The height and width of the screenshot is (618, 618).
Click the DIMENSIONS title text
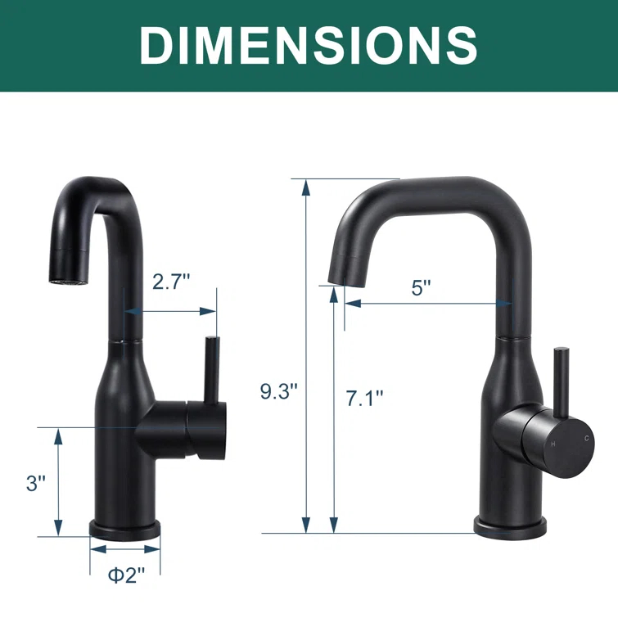tap(309, 45)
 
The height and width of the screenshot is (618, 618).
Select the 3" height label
tap(34, 483)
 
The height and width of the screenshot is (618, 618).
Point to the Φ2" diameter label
tap(124, 575)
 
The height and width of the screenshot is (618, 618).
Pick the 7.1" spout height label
tap(363, 398)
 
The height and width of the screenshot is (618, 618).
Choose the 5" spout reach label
tap(421, 288)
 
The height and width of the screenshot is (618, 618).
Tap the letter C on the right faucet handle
tap(586, 440)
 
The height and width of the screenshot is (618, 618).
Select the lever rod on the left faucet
tap(211, 368)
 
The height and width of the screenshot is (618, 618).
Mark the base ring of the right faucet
tap(510, 527)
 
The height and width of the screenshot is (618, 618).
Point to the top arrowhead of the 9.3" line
tap(306, 187)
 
